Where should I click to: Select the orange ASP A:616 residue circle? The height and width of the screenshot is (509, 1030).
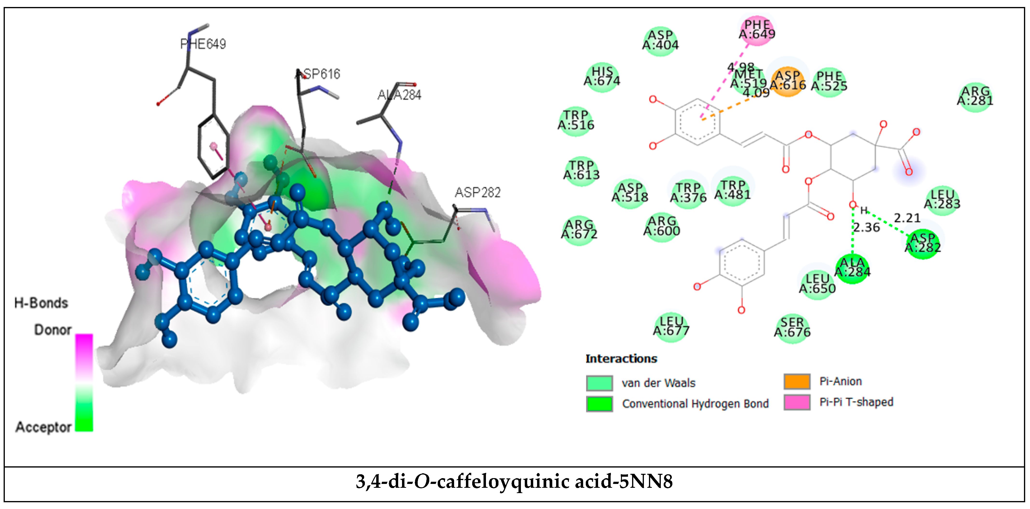point(787,81)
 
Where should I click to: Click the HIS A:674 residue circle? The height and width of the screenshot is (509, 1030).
point(602,77)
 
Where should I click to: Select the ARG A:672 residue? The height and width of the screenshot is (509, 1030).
point(579,230)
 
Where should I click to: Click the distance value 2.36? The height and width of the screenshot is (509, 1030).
point(866,228)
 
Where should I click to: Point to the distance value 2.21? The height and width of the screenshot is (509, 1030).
point(907,218)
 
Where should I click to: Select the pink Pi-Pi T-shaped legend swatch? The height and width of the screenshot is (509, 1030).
point(797,402)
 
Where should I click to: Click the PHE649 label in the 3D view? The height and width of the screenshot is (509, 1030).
point(203,44)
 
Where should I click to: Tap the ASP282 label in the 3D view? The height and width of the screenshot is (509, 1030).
point(477,193)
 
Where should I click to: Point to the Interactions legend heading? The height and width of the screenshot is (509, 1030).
point(621,359)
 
